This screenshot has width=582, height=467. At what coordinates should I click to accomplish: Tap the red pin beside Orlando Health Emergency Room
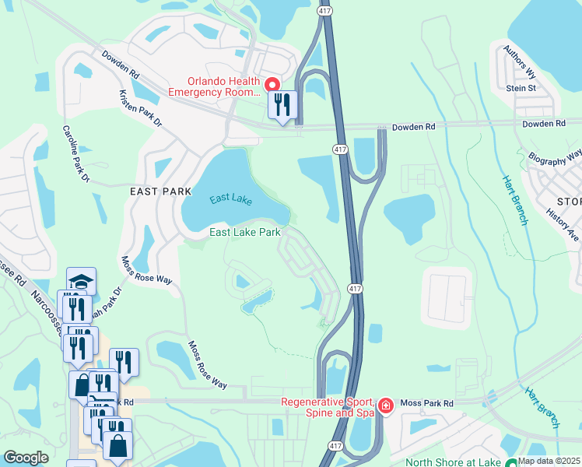click(x=272, y=84)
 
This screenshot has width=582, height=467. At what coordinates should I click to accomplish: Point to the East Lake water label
click(x=230, y=199)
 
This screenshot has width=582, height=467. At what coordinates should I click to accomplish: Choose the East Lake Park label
click(x=244, y=232)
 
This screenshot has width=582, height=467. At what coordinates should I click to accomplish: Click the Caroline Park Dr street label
click(x=76, y=153)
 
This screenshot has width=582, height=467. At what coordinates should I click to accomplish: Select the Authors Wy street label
click(x=520, y=62)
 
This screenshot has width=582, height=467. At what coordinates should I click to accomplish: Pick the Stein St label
click(x=521, y=89)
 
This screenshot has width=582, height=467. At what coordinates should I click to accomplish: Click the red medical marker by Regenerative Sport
click(x=385, y=406)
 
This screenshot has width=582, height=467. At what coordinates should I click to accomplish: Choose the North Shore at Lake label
click(x=454, y=461)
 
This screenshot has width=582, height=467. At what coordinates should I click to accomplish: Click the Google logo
click(x=26, y=458)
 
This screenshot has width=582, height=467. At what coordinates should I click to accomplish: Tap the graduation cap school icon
click(x=82, y=281)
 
